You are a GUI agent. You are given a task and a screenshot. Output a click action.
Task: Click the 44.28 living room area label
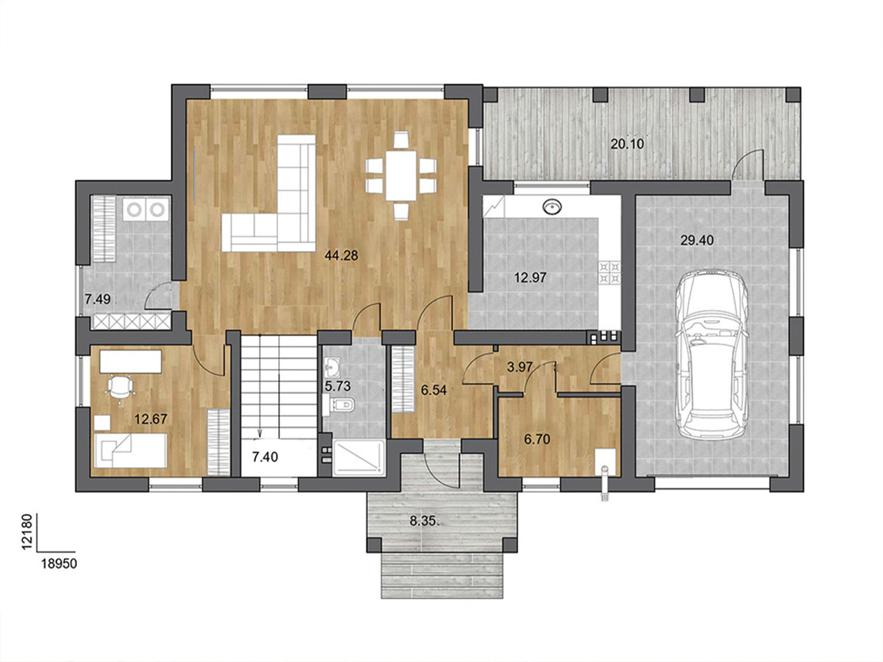pos(341,255)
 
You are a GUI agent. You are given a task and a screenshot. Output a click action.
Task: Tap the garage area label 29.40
pos(697,241)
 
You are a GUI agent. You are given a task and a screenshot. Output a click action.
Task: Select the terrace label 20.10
pos(627,144)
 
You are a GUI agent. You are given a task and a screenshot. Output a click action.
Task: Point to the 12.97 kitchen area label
pos(530,277)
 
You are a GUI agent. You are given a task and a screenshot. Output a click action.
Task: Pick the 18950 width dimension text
pos(59,564)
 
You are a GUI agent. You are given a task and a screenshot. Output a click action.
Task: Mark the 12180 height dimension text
pos(26,532)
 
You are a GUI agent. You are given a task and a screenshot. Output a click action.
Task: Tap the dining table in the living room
pos(401,175)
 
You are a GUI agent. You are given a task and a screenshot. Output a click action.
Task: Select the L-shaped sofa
pos(269,194)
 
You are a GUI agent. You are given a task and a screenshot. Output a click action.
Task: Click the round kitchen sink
pos(552,207)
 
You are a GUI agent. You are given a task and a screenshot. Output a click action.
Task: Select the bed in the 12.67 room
pos(130,450)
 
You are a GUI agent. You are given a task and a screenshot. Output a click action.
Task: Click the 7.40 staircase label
pos(265,457)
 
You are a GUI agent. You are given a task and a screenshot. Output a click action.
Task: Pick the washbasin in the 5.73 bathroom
pos(331,366)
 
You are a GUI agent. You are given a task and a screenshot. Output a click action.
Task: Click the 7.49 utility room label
pos(97,299)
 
